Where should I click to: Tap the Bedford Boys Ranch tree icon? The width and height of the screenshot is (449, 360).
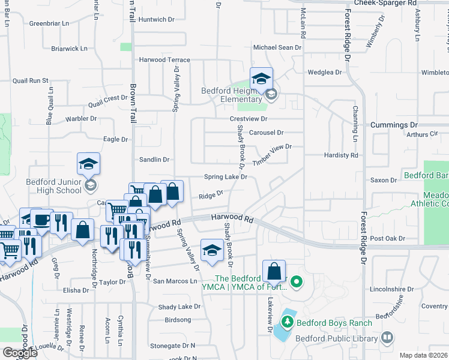click(x=288, y=323)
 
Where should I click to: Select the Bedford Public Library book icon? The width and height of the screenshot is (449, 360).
click(x=387, y=338)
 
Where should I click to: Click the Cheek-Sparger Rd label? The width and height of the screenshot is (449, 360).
click(x=385, y=3)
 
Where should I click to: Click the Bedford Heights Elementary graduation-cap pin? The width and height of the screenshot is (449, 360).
click(x=261, y=79)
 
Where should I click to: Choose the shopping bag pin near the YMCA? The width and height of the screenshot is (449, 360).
click(x=274, y=271)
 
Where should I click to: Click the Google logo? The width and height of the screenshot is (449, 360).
click(x=20, y=352)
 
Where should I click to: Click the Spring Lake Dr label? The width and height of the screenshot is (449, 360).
click(x=226, y=177)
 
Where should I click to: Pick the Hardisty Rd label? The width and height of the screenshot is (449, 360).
click(x=341, y=155)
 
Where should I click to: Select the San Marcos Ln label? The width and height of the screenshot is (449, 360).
click(x=175, y=281)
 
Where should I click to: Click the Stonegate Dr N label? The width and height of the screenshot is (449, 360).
click(x=173, y=346)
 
